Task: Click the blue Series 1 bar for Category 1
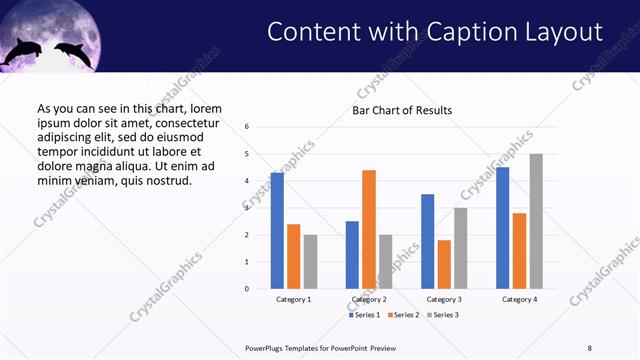coord(277,231)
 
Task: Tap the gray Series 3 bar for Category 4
coord(535,221)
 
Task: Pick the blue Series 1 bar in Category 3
coord(428,241)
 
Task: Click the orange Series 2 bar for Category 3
coord(444,264)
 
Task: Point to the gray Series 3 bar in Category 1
coord(310,262)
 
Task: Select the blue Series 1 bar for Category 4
coord(503,228)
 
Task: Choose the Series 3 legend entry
coord(443,315)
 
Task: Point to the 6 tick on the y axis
coord(247,127)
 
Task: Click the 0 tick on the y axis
coord(247,289)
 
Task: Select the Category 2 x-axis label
coord(369,299)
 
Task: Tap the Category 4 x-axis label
coord(519,299)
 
